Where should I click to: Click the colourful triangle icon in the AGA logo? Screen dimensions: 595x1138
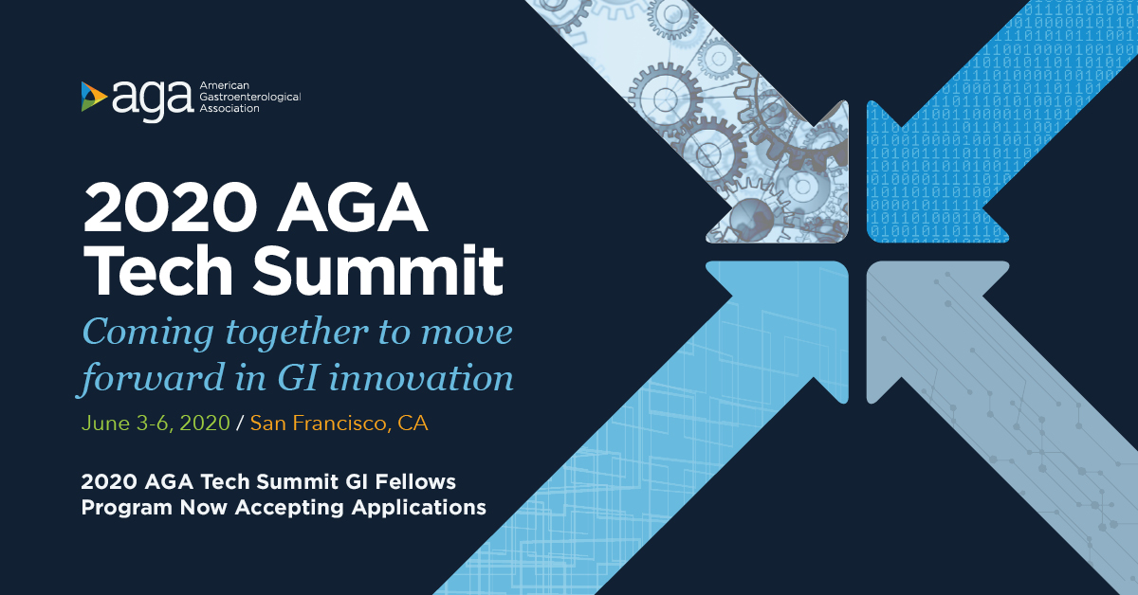(x=94, y=96)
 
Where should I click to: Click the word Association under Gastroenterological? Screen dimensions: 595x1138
(x=229, y=108)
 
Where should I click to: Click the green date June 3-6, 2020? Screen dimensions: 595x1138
(x=156, y=424)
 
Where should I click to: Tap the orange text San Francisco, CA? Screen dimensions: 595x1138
(x=340, y=424)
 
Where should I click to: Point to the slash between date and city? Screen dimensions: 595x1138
(x=240, y=424)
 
